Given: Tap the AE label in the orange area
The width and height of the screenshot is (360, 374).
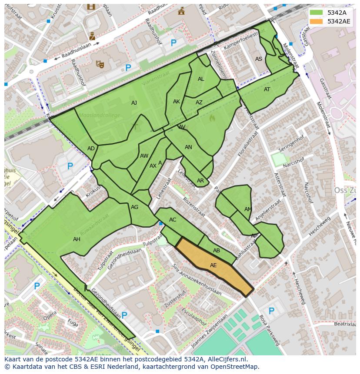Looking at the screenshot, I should pos(213,265).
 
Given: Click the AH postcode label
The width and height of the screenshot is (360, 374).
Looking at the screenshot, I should pos(77,239).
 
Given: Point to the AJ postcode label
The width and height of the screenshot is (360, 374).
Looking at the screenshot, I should pos(134,103).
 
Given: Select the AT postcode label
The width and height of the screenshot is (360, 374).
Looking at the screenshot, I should pos(267,89).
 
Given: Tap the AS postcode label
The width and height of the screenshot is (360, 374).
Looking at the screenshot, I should pos(259,59).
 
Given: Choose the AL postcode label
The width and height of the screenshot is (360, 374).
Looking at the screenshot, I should pos(201,79).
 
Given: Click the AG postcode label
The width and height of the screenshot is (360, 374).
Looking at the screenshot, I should pos(135,207).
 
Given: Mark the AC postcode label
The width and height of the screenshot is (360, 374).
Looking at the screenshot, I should pos(173,220).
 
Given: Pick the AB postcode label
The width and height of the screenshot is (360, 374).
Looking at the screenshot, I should pos(217,251).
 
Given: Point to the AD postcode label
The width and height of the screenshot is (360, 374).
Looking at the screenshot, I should pos(91,149).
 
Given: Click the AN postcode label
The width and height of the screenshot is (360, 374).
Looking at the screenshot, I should pos(188,147).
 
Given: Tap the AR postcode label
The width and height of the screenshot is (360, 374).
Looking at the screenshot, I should pos(200,181).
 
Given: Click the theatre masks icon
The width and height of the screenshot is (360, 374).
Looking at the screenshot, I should pos(100,64).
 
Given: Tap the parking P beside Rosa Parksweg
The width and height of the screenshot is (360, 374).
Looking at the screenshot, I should pos(271,311).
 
